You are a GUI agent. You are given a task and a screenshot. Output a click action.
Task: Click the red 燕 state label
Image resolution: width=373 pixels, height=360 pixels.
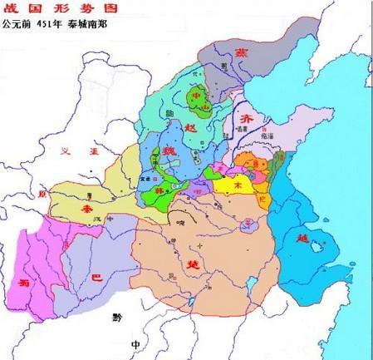click(264, 51)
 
